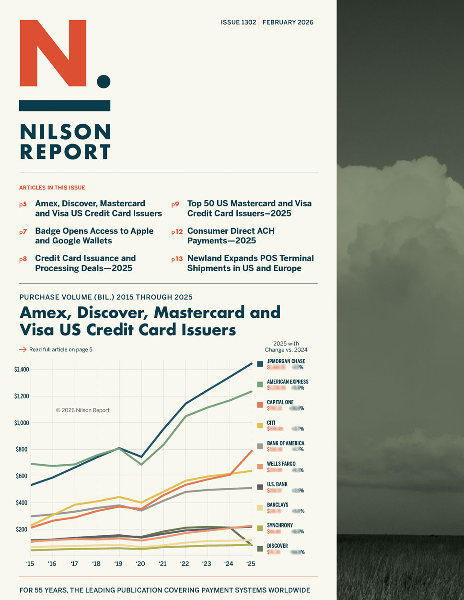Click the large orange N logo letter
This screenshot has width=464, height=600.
[x=53, y=53]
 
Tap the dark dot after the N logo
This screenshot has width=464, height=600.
[x=104, y=82]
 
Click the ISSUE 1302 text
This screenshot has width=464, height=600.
[x=238, y=22]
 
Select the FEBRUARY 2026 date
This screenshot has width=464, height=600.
[x=288, y=22]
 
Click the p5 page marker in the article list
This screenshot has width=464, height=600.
[x=23, y=204]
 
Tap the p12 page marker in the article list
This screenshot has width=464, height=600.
[x=177, y=232]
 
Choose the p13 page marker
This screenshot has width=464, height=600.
[x=177, y=259]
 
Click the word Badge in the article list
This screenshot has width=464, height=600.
[x=47, y=231]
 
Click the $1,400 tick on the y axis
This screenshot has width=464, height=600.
[x=22, y=370]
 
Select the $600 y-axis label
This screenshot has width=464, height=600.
[x=22, y=476]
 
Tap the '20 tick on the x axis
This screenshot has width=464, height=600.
[x=141, y=564]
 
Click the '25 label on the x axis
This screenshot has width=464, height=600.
[x=250, y=564]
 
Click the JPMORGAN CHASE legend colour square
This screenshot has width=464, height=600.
[x=260, y=364]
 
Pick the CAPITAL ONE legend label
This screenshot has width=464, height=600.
[x=280, y=402]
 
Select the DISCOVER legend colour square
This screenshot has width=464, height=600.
[x=260, y=549]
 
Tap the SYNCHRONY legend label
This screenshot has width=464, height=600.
[x=279, y=525]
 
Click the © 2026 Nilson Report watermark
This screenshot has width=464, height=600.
[x=82, y=410]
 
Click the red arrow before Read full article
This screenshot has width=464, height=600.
[x=23, y=349]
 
